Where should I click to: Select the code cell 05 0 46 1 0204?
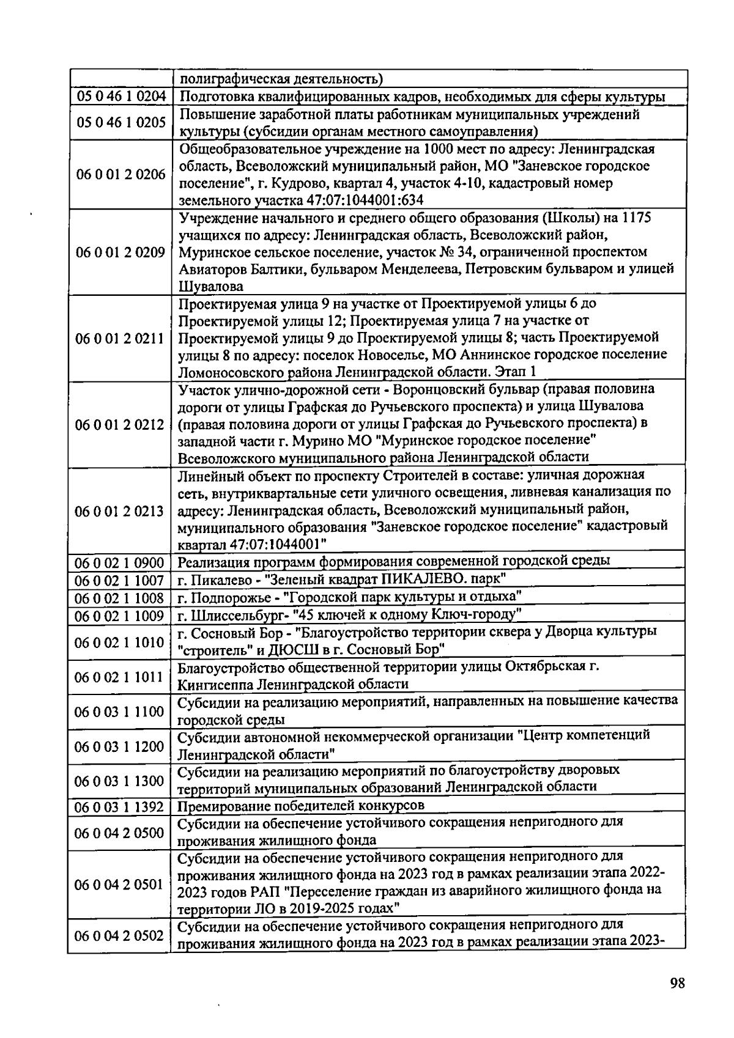(x=120, y=97)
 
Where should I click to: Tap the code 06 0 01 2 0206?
(x=120, y=175)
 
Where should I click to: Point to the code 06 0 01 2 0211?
(x=120, y=338)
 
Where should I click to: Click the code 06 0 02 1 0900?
(x=120, y=562)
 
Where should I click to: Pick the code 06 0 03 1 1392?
(x=120, y=807)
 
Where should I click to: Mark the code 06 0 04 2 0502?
(x=120, y=936)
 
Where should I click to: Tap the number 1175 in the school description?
(x=636, y=218)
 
